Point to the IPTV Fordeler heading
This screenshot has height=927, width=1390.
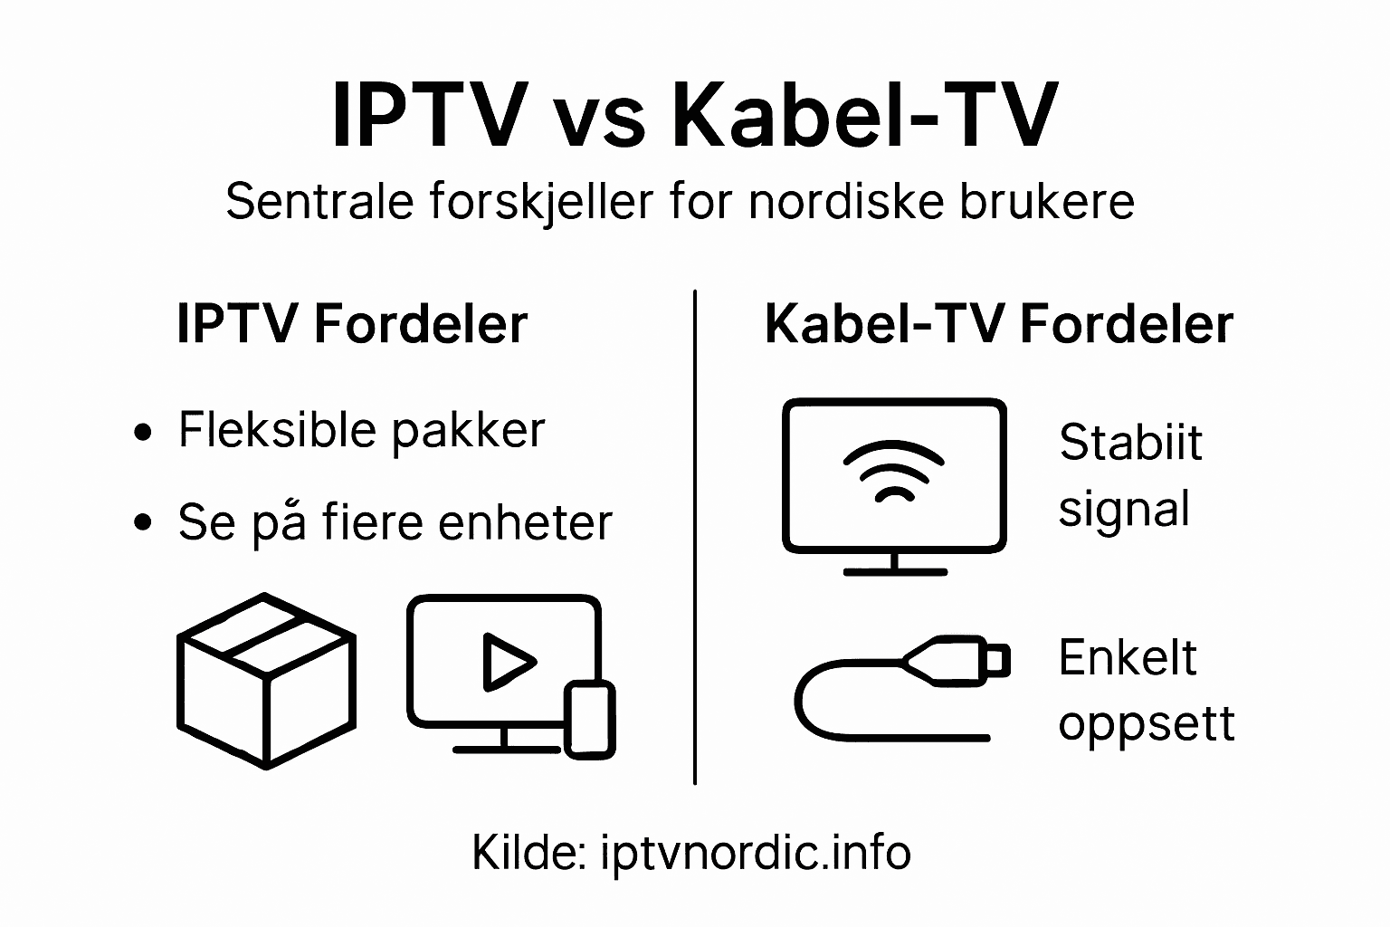coord(352,324)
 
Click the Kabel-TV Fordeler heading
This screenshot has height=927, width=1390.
coord(999,324)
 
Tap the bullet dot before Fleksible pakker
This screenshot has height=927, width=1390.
coord(142,433)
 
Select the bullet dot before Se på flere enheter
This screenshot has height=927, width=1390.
coord(142,523)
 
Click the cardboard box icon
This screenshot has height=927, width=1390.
coord(266,681)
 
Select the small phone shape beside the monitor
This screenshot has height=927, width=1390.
coord(590,720)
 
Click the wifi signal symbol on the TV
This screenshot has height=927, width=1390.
coord(894,471)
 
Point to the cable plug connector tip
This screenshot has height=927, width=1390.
coord(996,661)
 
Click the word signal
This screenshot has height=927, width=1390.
coord(1124,510)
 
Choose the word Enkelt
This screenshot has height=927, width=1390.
coord(1128,657)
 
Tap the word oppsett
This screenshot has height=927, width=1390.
coord(1147,723)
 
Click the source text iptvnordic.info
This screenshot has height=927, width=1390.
coord(756,853)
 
